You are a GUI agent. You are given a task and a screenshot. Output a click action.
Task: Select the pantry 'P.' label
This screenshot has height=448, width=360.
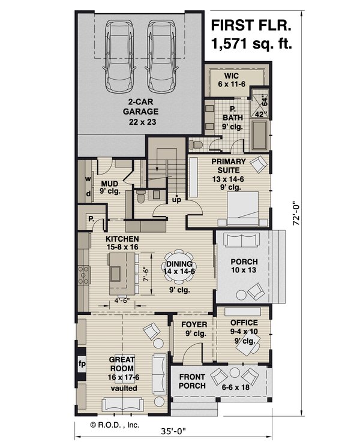(91, 220)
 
